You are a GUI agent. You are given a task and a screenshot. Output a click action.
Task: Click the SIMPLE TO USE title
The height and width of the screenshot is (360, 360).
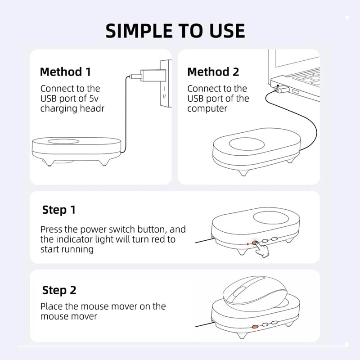tap(175, 31)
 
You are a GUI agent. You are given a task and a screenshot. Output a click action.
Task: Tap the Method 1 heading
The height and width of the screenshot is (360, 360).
tap(65, 72)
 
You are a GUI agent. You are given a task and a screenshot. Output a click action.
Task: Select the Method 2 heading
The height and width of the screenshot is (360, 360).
tap(213, 72)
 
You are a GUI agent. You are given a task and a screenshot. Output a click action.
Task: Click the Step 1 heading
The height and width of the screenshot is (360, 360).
tap(59, 210)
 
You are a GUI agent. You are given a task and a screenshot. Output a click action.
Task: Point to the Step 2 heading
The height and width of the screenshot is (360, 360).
tap(59, 290)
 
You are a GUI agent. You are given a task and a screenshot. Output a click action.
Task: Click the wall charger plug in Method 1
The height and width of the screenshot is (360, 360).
tap(153, 76)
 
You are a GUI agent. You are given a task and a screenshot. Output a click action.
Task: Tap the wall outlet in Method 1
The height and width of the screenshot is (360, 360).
tap(166, 83)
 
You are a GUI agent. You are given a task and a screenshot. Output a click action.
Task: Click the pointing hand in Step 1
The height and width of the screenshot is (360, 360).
tap(262, 250)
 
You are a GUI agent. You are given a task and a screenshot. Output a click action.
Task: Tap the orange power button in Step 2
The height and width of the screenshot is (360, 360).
tap(255, 327)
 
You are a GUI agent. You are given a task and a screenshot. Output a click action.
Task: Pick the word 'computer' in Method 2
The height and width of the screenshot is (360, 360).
tap(207, 108)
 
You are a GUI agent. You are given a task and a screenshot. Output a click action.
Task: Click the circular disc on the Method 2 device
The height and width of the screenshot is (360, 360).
tap(247, 144)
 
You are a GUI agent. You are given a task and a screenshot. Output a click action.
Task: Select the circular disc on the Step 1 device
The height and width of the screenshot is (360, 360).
tap(271, 218)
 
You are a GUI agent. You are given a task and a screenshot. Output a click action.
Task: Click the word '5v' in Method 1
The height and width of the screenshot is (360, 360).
tap(94, 99)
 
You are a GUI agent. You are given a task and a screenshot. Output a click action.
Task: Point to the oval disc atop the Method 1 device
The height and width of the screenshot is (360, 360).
tap(63, 141)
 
